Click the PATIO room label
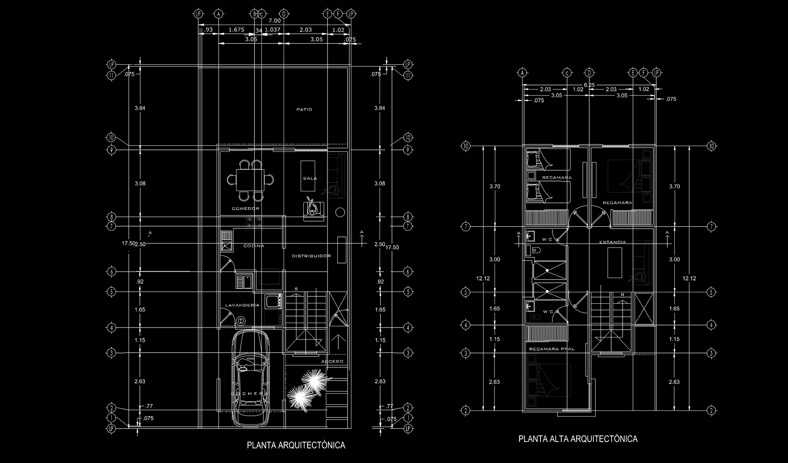(x=304, y=110)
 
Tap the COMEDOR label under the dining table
(x=245, y=209)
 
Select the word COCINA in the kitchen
(x=254, y=246)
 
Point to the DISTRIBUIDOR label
(x=311, y=256)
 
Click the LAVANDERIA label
(x=242, y=305)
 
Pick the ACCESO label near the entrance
(x=332, y=362)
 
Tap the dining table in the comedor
(x=251, y=180)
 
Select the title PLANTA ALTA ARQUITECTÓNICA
(x=578, y=439)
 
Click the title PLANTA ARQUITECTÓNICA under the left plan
(x=296, y=445)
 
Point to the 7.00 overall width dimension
(x=275, y=21)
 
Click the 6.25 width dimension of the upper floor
(x=589, y=85)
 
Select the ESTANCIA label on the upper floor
(x=612, y=242)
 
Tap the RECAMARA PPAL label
(x=552, y=349)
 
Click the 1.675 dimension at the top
(x=236, y=30)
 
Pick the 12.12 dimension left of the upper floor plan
(x=483, y=278)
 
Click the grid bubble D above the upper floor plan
(x=589, y=73)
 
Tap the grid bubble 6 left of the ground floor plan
(x=111, y=271)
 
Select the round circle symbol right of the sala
(x=340, y=212)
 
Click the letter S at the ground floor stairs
(x=296, y=289)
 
